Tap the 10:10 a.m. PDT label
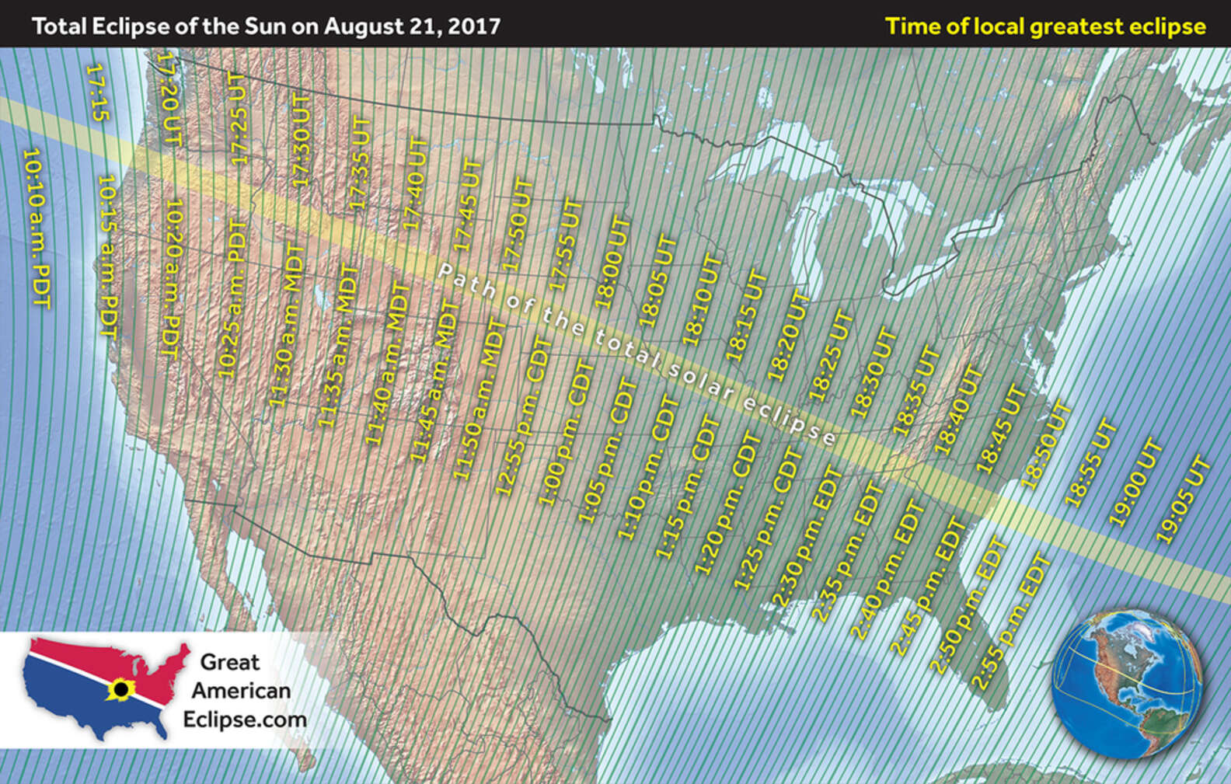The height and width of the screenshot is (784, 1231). [36, 228]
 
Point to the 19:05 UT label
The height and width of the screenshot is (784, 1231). [1184, 500]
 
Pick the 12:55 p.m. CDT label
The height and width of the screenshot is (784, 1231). [522, 416]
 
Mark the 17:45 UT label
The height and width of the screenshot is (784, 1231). [468, 207]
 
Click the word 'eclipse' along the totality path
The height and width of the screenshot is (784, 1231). [789, 419]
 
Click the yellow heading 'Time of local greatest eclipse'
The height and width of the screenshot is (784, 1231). [1045, 26]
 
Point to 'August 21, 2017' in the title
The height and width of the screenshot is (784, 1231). [412, 26]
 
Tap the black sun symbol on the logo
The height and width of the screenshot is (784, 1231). [120, 689]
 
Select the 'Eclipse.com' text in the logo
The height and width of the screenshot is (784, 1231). [245, 720]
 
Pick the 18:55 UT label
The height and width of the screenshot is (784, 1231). [1091, 463]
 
